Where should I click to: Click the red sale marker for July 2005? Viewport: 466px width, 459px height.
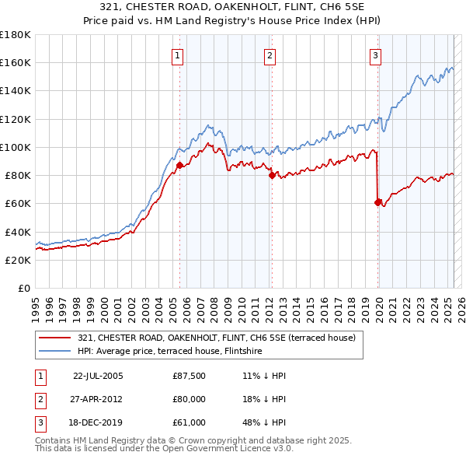point(179,165)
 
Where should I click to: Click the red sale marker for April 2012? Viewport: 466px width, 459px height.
point(272,176)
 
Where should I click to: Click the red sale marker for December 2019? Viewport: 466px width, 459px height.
point(378,202)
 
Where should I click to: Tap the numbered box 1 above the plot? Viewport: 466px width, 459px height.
point(179,55)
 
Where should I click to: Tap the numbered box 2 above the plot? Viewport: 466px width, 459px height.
point(270,55)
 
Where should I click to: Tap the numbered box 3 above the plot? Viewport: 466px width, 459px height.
point(375,55)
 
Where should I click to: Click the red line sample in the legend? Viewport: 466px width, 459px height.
point(54,338)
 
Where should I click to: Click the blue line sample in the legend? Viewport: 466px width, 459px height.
point(54,351)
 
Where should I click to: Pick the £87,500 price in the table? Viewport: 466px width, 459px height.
point(190,376)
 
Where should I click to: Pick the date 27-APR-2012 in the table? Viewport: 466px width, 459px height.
point(98,399)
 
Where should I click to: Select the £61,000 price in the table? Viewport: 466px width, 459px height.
point(190,422)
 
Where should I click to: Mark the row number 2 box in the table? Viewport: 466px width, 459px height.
point(40,399)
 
